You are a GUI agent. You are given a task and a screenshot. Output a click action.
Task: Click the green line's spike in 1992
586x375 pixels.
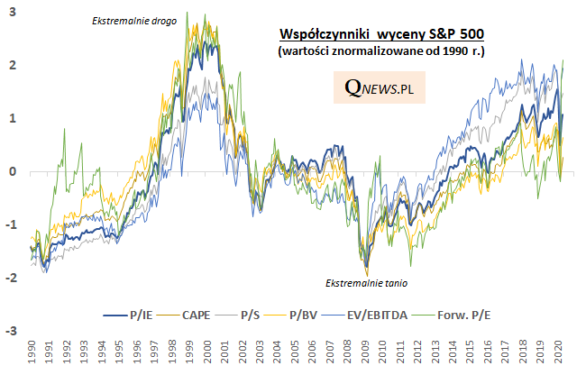65,131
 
